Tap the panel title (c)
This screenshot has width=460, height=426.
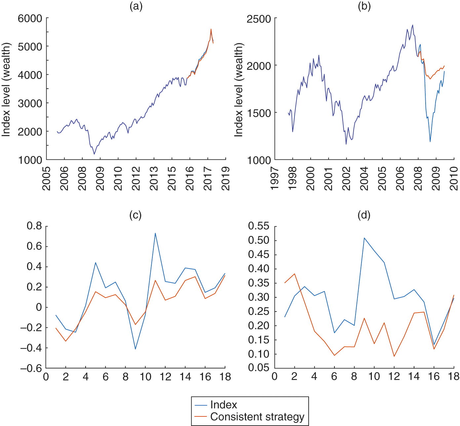point(135,215)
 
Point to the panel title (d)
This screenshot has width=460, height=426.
point(364,215)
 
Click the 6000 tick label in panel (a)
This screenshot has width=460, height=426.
point(30,19)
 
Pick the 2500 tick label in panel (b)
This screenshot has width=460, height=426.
point(259,19)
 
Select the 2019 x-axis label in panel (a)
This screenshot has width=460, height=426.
point(226,178)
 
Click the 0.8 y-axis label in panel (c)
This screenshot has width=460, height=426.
point(35,226)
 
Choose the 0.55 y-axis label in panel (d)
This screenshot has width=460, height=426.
point(259,226)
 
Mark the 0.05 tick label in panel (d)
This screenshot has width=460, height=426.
point(259,368)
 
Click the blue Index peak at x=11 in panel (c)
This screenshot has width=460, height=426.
point(155,233)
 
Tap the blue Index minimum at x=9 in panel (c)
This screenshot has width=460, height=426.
point(135,349)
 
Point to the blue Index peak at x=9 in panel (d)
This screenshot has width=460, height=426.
point(364,238)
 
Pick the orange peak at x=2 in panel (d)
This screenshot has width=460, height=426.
point(294,274)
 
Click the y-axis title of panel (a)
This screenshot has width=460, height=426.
point(6,89)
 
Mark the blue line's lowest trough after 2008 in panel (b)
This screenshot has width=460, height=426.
point(430,142)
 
